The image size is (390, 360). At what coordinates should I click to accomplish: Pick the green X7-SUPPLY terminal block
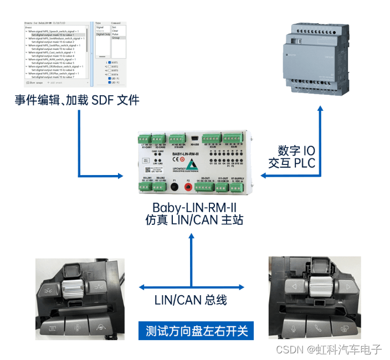point(238,187)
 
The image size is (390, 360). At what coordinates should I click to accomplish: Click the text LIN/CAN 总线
point(191,301)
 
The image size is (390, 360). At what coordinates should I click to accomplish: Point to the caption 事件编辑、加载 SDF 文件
point(77,100)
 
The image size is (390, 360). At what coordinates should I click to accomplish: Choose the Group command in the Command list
point(116,38)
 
